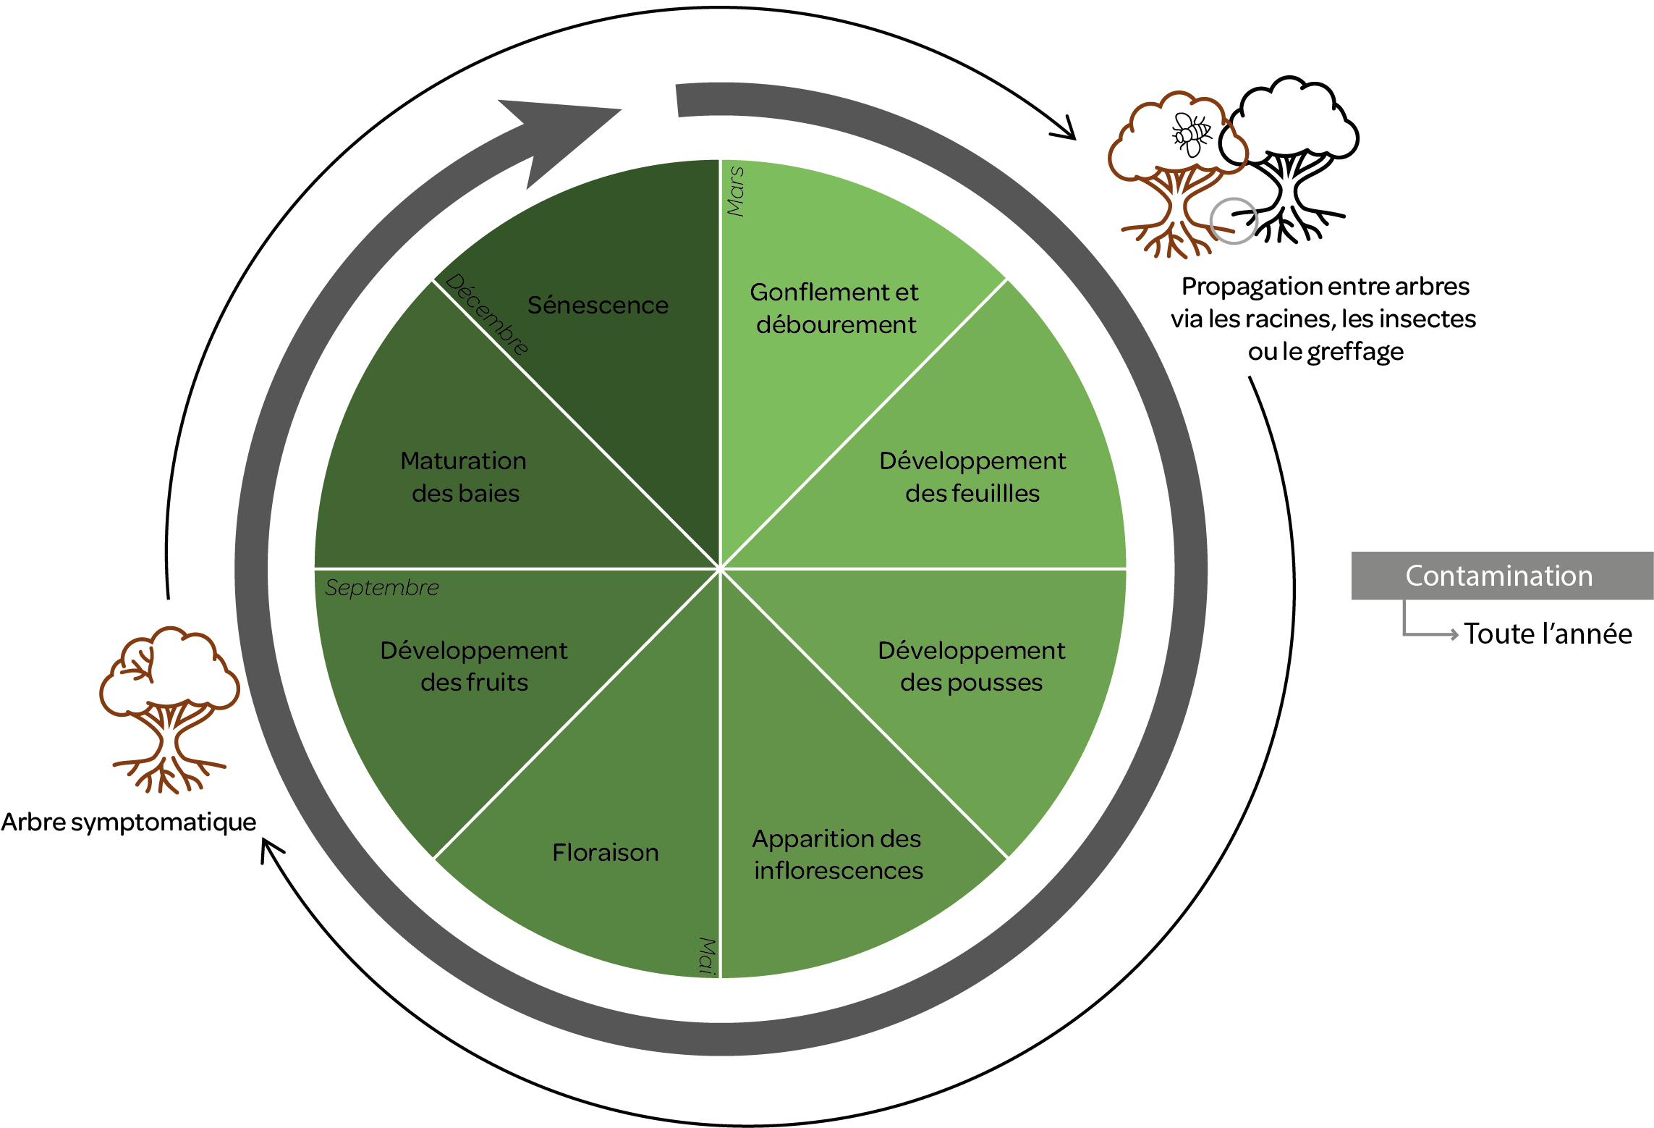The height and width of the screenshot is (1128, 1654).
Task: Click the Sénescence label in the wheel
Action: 598,306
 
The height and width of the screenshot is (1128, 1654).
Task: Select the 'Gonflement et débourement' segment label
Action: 834,308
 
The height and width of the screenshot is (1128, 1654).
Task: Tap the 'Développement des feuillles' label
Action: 972,477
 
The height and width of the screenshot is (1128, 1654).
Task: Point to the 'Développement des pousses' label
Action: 971,666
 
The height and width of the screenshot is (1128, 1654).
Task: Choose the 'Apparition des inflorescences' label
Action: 837,854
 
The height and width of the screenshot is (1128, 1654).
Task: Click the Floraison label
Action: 606,853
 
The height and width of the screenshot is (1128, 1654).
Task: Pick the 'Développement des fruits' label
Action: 474,666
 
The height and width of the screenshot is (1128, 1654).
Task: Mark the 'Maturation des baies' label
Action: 464,477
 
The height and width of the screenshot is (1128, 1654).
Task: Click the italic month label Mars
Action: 736,191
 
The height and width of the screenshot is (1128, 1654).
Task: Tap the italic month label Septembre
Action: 382,587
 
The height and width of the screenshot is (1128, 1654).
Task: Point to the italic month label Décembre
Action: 486,313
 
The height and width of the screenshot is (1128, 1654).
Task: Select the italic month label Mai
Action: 707,956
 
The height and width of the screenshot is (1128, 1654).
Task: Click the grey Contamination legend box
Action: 1501,576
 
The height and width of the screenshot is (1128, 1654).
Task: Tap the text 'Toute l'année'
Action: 1548,634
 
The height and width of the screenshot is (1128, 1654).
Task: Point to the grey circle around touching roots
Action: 1234,221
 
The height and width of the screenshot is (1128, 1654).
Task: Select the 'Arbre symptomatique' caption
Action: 129,822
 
